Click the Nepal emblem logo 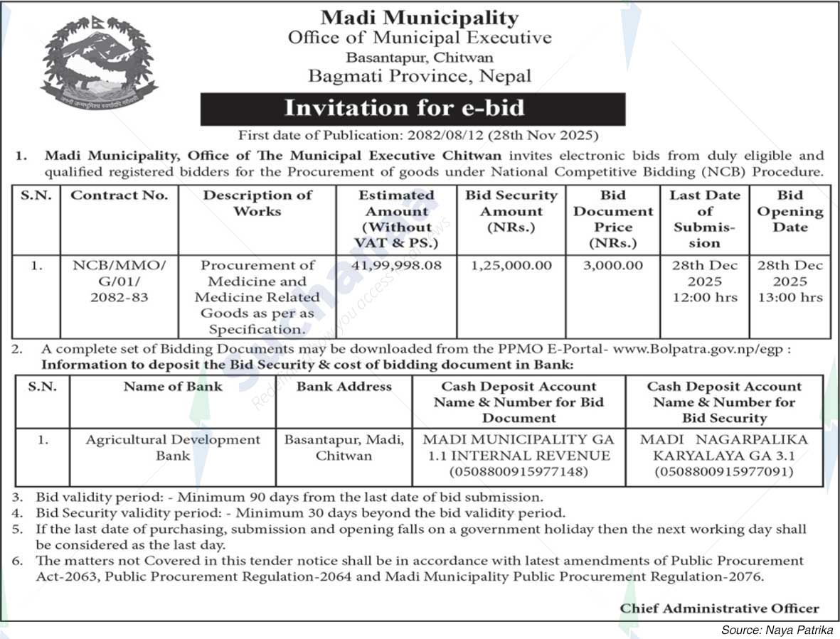click(99, 62)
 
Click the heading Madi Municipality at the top click(419, 17)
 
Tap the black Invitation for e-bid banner click(413, 109)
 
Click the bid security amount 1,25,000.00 click(511, 265)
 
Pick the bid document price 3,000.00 click(613, 265)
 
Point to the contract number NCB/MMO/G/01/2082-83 click(119, 281)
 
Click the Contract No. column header click(119, 195)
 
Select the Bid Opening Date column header click(790, 211)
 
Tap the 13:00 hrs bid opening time click(790, 297)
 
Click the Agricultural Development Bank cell click(173, 447)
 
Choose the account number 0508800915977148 click(519, 471)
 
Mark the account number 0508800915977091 click(724, 471)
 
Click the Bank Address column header click(344, 387)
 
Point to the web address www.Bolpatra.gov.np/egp click(701, 349)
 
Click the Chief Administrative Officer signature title click(719, 608)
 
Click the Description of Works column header click(257, 203)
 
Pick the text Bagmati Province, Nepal click(419, 76)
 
